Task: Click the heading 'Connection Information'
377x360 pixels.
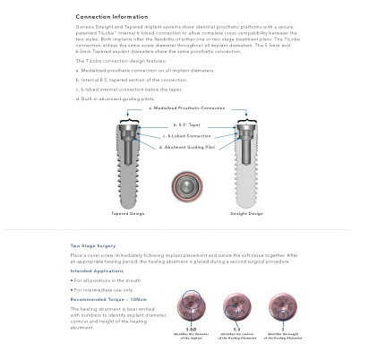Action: coord(112,17)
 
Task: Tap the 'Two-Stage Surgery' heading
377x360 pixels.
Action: coord(93,245)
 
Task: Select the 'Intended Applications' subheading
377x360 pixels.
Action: coord(97,270)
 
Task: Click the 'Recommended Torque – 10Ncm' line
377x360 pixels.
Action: coord(108,299)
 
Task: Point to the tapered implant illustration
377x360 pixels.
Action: coord(128,165)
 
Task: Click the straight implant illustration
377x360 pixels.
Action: coord(245,165)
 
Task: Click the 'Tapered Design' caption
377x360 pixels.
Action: coord(127,213)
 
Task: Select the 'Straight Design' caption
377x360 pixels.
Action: coord(246,213)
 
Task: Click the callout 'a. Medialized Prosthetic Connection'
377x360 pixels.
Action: coord(187,108)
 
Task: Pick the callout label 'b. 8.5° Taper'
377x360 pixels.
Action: coord(187,125)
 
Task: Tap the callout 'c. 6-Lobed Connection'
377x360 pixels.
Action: coord(187,136)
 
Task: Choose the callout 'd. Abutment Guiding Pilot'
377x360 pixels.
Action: coord(187,147)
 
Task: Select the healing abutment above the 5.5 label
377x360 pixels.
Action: coord(236,307)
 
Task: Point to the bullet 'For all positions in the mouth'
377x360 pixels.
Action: coord(107,280)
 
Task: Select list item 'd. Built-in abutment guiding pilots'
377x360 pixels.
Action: coord(116,99)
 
